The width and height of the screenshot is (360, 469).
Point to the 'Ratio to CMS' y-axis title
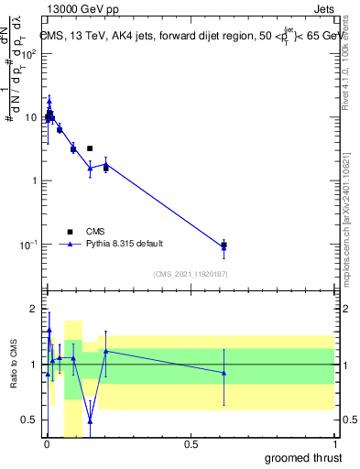pos(14,364)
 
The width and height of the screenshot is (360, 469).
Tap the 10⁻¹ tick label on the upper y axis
pos(28,245)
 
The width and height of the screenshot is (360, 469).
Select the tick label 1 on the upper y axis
pos(35,180)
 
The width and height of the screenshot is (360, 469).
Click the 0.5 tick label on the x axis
pos(191,445)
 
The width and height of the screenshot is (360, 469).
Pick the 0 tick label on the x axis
pos(47,445)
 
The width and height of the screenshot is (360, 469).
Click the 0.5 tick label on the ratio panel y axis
pos(30,420)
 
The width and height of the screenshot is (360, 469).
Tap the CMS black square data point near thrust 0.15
pos(90,148)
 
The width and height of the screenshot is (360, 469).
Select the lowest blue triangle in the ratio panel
pos(90,421)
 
